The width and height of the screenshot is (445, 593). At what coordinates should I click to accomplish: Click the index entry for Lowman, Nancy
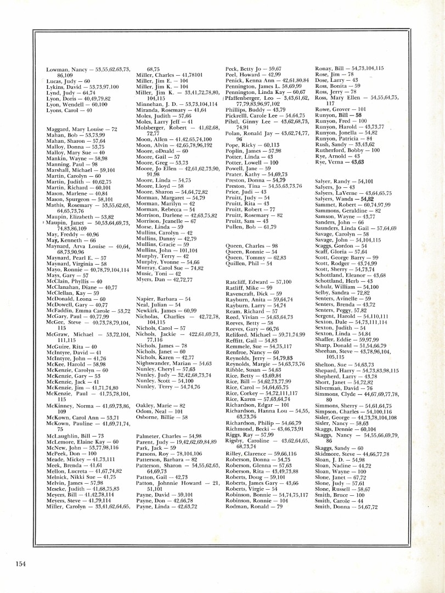[88, 69]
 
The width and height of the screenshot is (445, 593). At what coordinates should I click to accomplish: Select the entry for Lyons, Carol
[69, 110]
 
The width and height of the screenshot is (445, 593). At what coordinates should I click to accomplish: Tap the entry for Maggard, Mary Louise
[82, 129]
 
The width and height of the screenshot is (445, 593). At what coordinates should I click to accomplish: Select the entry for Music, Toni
[159, 273]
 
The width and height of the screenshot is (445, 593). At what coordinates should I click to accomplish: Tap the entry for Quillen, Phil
[249, 264]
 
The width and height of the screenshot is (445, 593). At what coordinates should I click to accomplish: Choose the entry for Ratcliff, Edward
[258, 282]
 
